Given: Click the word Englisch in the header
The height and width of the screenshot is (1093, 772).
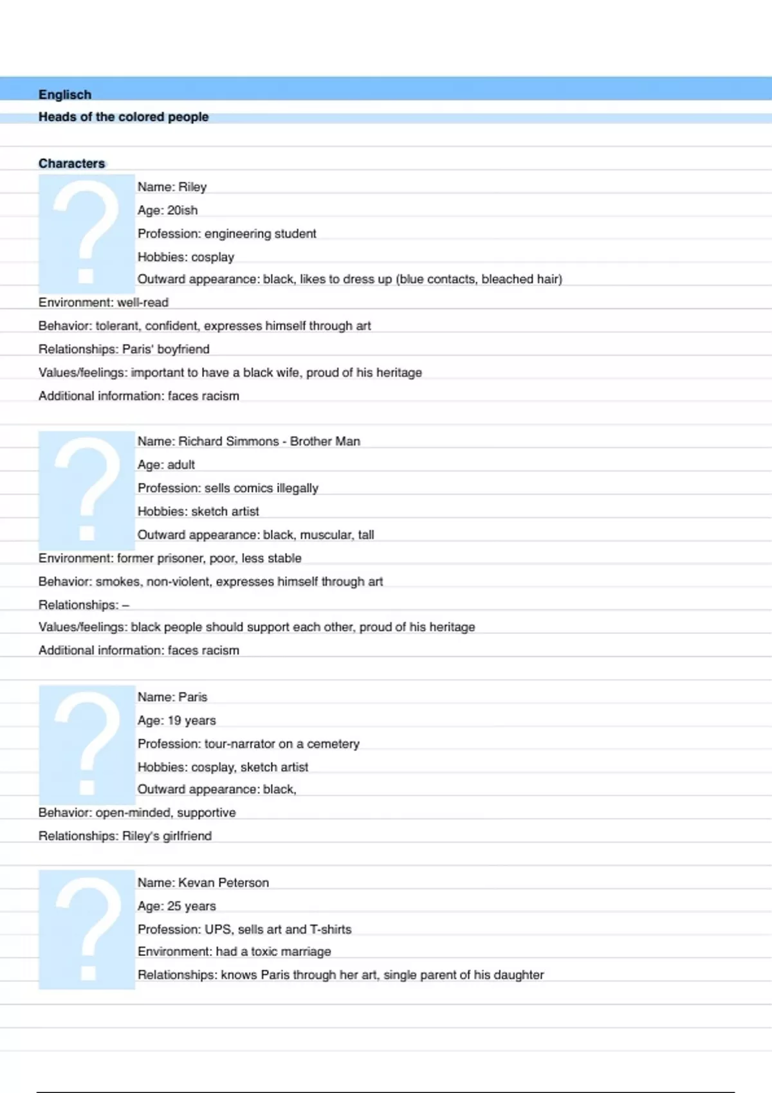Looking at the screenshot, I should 65,95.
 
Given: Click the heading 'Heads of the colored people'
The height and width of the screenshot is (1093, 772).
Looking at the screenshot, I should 124,117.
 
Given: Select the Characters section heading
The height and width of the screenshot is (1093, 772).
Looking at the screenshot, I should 71,163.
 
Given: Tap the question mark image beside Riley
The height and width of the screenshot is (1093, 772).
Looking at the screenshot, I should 86,233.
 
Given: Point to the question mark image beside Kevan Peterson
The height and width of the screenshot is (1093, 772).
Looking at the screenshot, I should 86,929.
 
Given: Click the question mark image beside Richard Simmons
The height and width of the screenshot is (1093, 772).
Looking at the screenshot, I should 86,490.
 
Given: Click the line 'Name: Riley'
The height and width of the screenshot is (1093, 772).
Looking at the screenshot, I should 172,187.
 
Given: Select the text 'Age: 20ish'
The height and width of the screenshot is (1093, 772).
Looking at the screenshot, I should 167,210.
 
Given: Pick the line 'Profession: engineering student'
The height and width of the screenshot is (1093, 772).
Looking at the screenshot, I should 226,233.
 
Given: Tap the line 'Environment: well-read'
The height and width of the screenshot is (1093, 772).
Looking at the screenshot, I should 103,302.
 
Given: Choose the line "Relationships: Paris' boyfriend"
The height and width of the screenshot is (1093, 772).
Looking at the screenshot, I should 124,349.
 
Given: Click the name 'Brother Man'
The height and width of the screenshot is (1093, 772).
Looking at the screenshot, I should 325,441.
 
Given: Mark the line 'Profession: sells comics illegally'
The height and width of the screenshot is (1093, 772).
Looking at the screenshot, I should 228,488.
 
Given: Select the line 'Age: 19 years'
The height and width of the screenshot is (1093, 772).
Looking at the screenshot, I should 176,721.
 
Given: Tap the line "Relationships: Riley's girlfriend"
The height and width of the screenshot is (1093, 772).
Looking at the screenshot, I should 125,836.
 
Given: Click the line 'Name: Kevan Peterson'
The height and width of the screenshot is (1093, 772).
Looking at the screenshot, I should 203,883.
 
